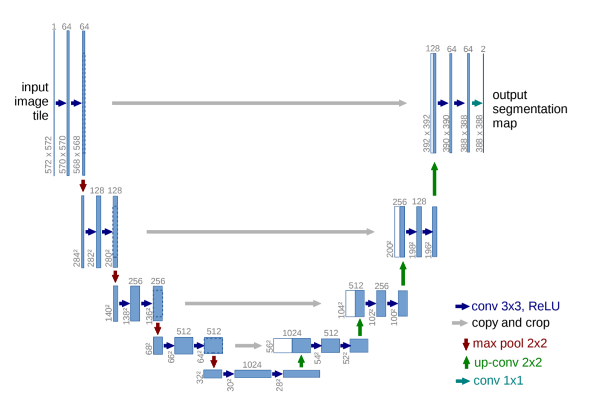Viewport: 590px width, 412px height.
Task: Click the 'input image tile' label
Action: (x=35, y=101)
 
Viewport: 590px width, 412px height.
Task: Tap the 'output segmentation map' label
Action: (x=530, y=109)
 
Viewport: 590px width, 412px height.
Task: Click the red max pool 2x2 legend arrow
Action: (x=466, y=344)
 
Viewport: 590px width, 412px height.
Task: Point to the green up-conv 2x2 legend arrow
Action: (x=466, y=362)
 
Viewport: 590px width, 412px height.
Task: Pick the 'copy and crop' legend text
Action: (x=510, y=323)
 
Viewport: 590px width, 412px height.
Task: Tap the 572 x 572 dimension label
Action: (x=48, y=156)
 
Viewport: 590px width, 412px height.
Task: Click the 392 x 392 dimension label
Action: (x=427, y=134)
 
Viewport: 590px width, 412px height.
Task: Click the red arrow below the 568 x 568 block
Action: (x=83, y=185)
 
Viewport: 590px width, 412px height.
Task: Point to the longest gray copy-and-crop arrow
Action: (x=259, y=103)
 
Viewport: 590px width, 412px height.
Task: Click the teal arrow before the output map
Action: (x=477, y=103)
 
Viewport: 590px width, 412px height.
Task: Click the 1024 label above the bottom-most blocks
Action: (x=252, y=363)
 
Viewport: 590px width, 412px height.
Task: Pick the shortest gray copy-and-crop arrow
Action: (x=248, y=345)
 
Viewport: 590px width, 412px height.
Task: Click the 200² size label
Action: (x=390, y=248)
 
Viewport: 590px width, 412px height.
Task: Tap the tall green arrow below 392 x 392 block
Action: (x=435, y=181)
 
